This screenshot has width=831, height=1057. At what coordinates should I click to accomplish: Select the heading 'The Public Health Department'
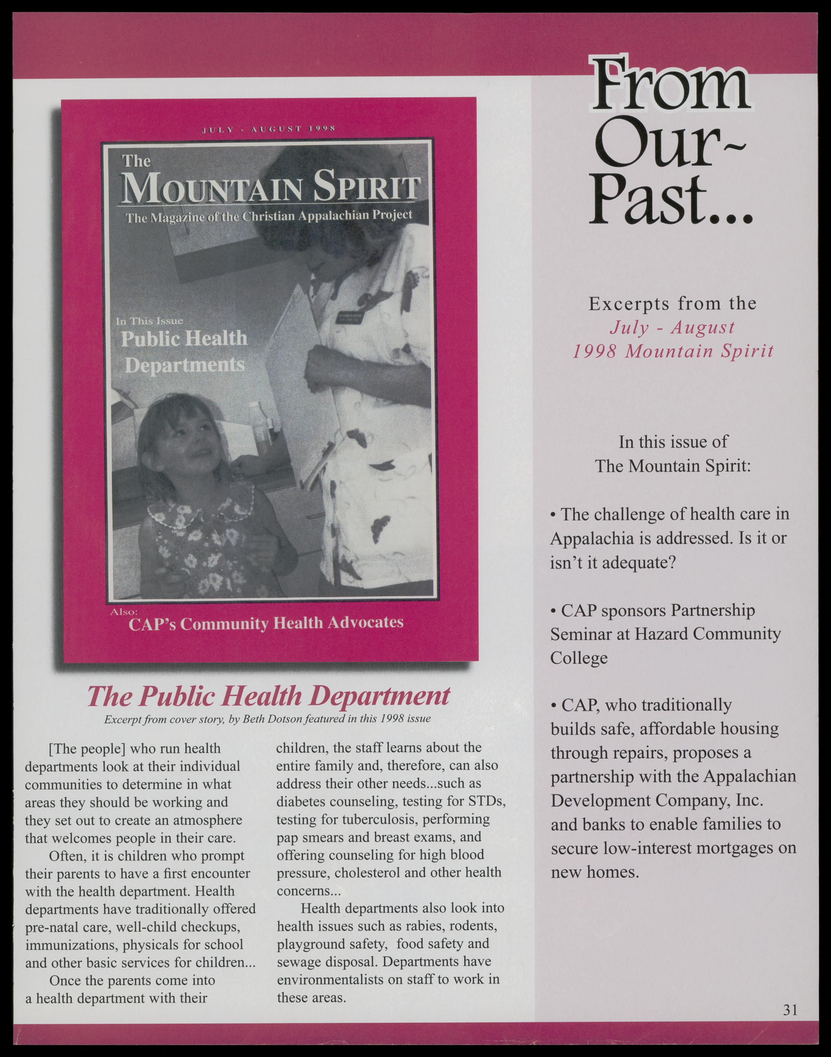pyautogui.click(x=268, y=697)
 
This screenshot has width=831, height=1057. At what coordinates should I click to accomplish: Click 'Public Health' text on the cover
pyautogui.click(x=184, y=338)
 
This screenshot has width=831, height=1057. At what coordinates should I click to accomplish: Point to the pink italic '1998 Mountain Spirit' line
pyautogui.click(x=673, y=351)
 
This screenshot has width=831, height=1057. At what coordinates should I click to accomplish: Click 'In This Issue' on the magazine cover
pyautogui.click(x=149, y=321)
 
